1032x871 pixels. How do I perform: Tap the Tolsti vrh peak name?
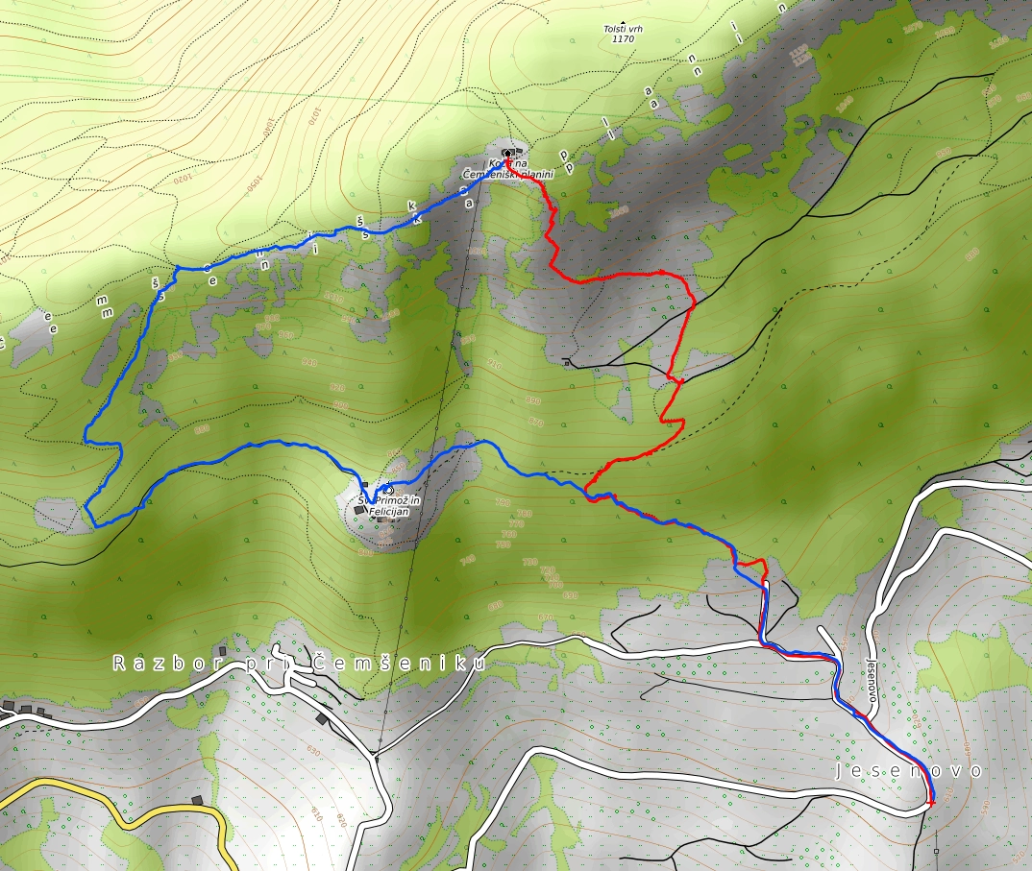623,30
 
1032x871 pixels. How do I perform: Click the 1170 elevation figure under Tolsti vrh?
623,40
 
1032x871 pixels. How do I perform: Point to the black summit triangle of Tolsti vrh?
623,21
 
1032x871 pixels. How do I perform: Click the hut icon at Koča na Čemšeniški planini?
507,153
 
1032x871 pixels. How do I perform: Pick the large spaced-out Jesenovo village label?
910,771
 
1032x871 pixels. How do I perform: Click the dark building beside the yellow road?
197,800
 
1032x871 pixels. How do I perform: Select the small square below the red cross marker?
937,851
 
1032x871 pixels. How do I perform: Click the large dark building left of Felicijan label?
359,510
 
